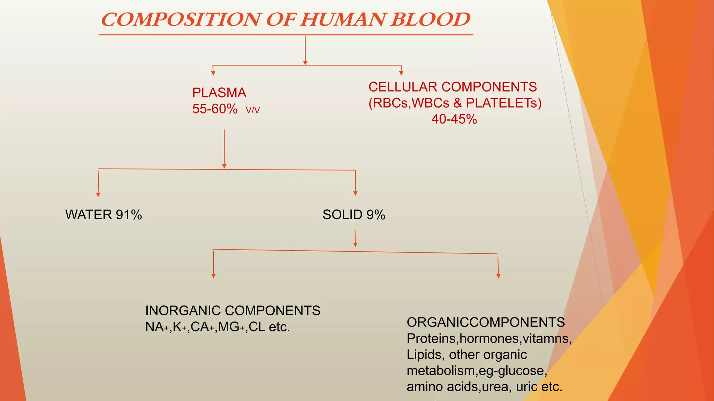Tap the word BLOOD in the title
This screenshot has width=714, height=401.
[x=430, y=19]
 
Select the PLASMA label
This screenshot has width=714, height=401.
[x=219, y=93]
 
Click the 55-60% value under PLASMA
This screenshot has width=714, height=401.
[x=215, y=109]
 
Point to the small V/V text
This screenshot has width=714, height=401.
[x=253, y=110]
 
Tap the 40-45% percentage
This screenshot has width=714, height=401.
[x=454, y=119]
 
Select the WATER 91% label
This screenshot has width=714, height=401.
[x=104, y=215]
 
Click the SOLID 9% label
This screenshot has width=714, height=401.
[x=354, y=215]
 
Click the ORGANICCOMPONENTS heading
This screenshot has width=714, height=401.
[x=486, y=322]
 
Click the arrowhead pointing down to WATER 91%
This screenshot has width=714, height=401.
[x=98, y=195]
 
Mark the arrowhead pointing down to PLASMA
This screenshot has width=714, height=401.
[x=213, y=73]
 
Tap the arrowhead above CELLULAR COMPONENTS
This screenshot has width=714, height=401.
[x=401, y=73]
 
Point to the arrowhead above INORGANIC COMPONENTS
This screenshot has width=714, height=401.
[x=213, y=276]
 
